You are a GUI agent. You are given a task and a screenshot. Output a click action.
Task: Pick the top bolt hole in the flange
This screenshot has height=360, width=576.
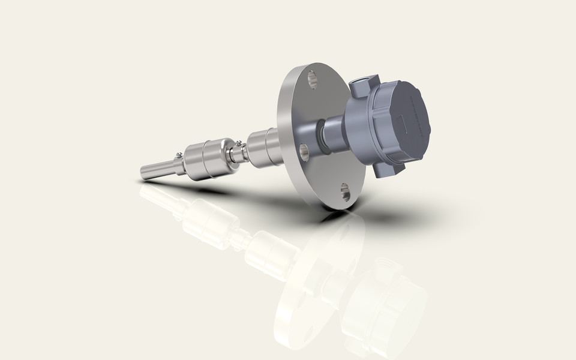[x=312, y=78]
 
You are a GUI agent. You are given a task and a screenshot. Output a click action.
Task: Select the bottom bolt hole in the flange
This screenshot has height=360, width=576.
[x=345, y=193]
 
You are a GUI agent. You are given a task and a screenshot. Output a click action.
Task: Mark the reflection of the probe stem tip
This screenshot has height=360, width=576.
[x=147, y=191]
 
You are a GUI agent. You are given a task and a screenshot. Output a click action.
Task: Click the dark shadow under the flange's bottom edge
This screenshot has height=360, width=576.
[x=372, y=210]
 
